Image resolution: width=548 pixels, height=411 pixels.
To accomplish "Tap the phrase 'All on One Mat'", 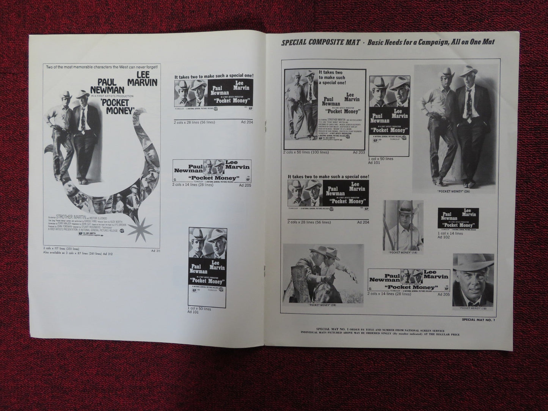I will point(474,42).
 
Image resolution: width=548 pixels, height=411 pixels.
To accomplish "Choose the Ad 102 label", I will point(443,237).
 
